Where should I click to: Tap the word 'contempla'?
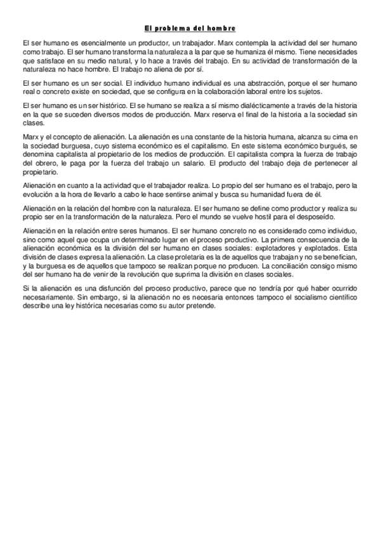pyautogui.click(x=250, y=41)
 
